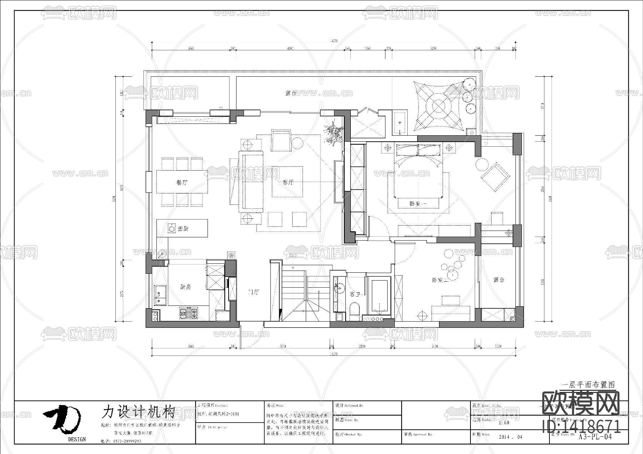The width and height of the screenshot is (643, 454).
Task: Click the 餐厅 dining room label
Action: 182,182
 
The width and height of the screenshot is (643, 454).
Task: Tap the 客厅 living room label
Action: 288,182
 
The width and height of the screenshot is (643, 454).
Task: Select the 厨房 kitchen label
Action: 185,287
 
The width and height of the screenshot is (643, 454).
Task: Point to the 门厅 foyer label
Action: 253,292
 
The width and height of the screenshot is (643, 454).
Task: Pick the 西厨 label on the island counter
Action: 183,229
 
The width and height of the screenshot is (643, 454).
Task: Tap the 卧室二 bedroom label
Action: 440,281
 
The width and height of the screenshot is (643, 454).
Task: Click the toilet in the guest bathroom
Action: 355,309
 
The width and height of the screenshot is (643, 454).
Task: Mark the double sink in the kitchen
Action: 160,296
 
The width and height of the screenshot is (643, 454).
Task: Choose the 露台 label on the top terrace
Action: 291,94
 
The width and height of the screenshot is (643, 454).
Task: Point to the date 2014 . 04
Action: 510,437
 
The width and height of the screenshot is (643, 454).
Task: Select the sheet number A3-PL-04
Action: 595,437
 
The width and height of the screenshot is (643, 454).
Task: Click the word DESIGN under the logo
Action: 77,439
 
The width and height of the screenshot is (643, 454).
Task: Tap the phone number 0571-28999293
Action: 127,441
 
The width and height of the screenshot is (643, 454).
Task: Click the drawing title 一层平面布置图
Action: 588,385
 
